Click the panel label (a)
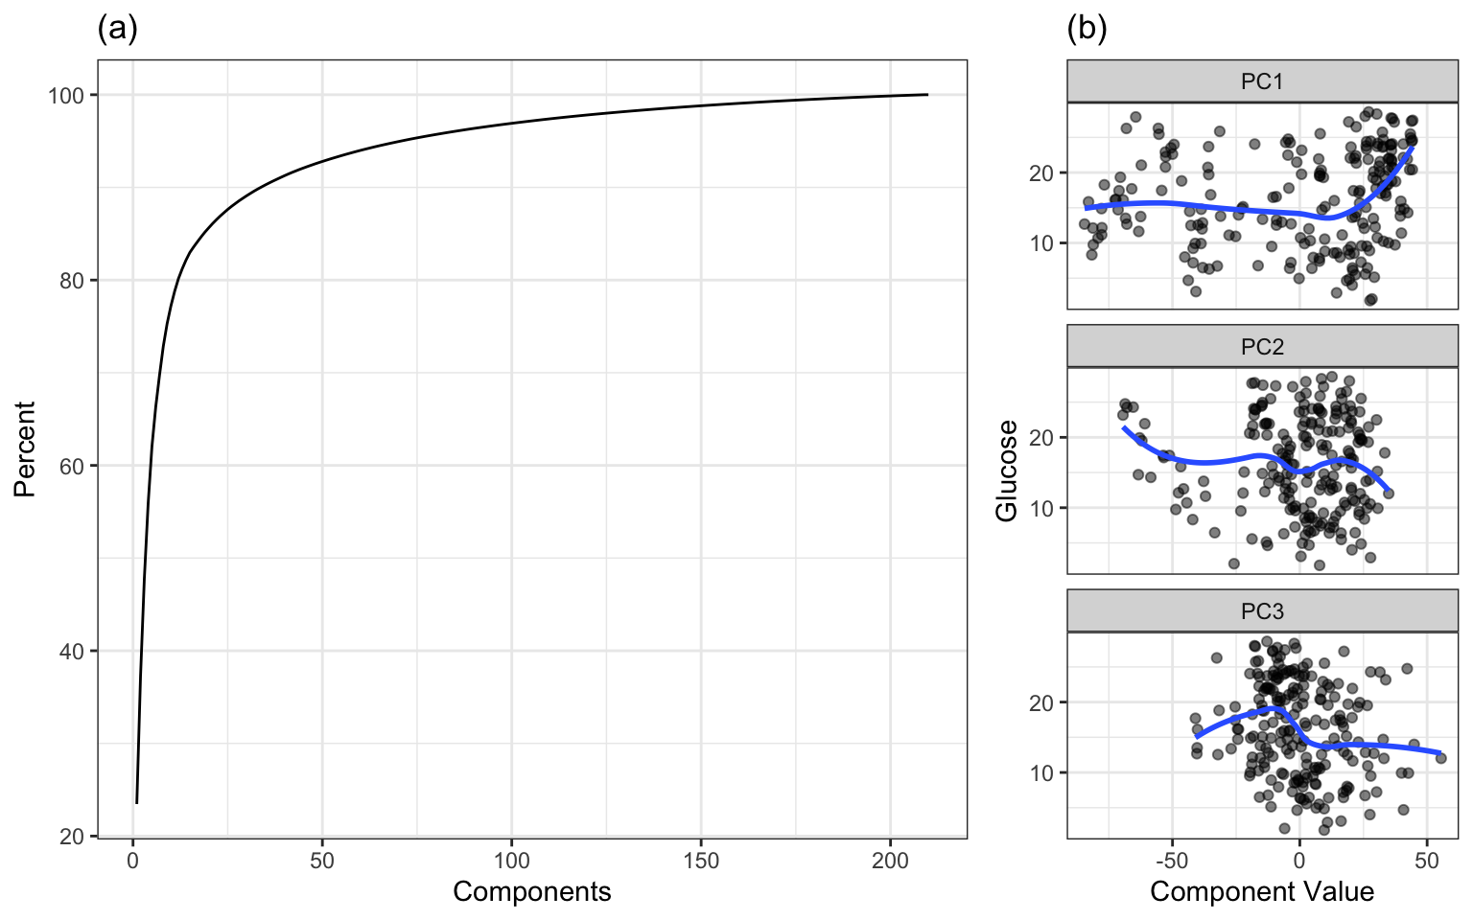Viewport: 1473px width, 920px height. tap(117, 30)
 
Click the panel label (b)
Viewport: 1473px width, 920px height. tap(1087, 30)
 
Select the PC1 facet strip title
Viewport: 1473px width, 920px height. tap(1262, 81)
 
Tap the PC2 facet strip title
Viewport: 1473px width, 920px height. tap(1262, 347)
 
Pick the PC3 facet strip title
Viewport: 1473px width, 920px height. tap(1262, 611)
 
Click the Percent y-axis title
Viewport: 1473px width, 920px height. tap(25, 448)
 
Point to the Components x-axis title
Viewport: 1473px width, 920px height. tap(531, 892)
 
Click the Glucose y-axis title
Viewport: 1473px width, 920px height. tap(1007, 471)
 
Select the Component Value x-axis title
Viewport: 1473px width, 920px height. tap(1262, 892)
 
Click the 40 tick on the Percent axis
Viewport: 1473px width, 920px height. tap(72, 652)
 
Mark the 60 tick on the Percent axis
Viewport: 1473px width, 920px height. tap(72, 467)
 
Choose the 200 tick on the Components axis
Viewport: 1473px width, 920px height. tap(890, 861)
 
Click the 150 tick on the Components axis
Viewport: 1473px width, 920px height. tap(701, 861)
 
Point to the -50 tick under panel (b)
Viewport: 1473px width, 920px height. tap(1171, 861)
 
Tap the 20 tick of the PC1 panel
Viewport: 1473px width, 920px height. tap(1041, 173)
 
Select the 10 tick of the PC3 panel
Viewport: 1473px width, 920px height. tap(1041, 773)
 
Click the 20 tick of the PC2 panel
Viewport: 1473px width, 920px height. tap(1041, 438)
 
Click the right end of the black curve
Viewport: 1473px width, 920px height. tap(927, 95)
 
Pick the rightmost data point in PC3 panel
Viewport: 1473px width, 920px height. tap(1440, 758)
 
